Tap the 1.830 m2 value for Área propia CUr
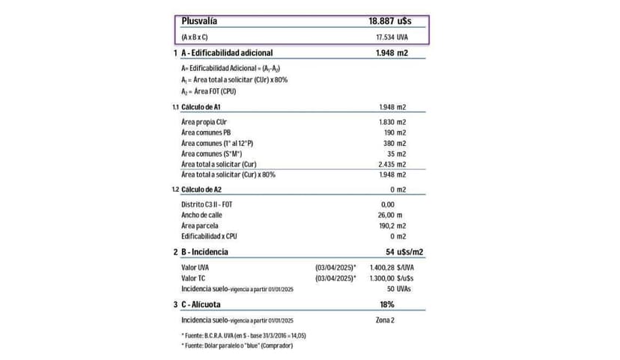coord(392,121)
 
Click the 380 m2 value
coord(395,143)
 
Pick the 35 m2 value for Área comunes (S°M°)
coord(398,153)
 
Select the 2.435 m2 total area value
coord(392,164)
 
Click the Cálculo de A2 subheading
coord(207,189)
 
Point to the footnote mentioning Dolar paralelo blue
coord(237,345)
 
